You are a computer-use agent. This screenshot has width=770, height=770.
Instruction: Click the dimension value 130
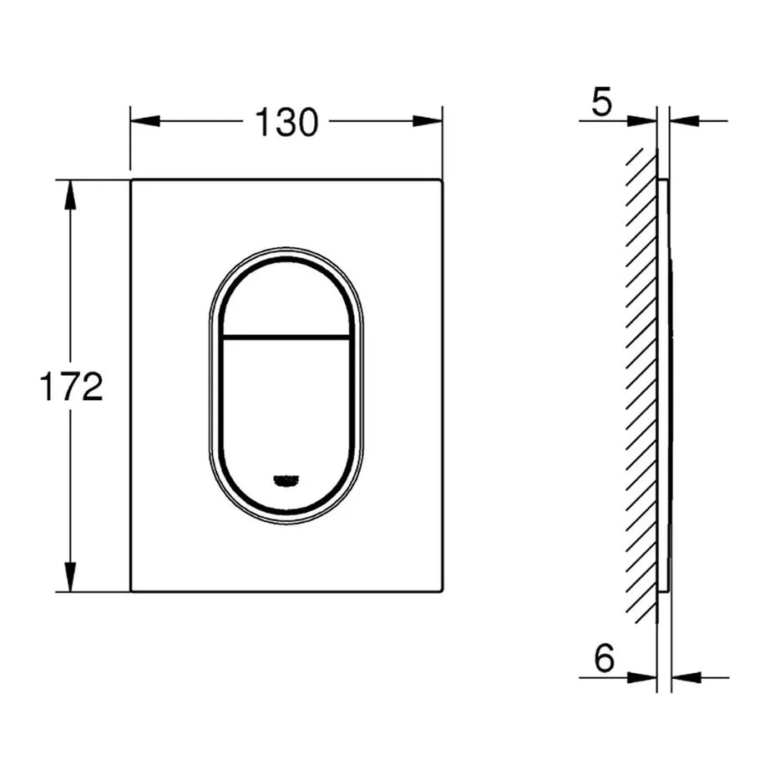point(286,123)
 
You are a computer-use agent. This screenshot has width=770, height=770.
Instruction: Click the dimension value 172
point(72,387)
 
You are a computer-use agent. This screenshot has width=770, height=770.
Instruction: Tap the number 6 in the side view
point(604,659)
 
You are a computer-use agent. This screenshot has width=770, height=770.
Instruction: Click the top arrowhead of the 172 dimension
point(72,194)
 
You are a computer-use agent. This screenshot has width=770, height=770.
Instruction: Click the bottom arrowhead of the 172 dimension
point(72,577)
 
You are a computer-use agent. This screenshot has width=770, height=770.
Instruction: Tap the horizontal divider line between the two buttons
point(286,338)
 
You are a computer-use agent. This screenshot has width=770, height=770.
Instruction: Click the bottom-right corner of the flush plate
point(441,590)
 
